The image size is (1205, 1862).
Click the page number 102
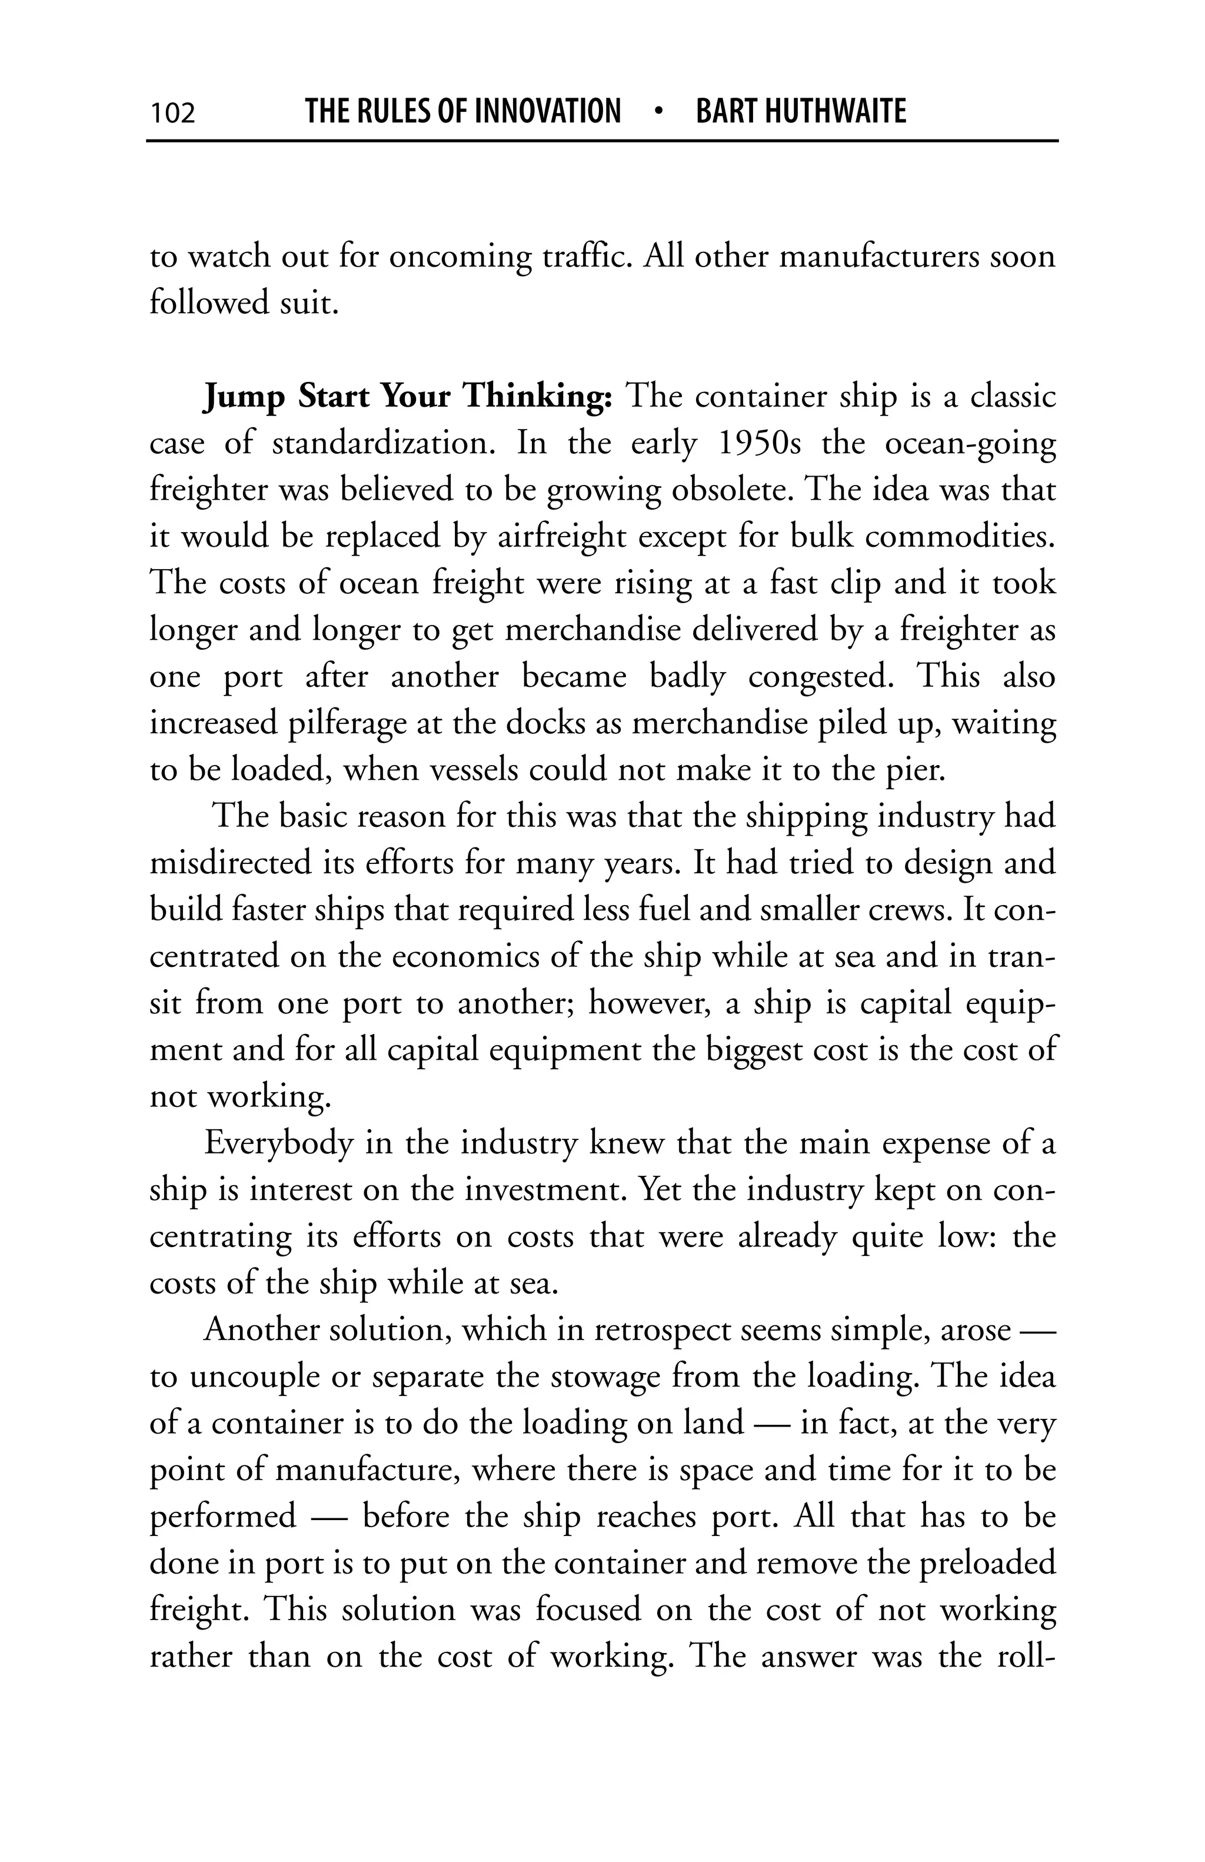click(x=173, y=112)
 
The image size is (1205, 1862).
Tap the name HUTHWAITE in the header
click(x=834, y=111)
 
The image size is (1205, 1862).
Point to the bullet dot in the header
click(x=658, y=111)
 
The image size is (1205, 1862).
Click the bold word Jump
click(x=242, y=397)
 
